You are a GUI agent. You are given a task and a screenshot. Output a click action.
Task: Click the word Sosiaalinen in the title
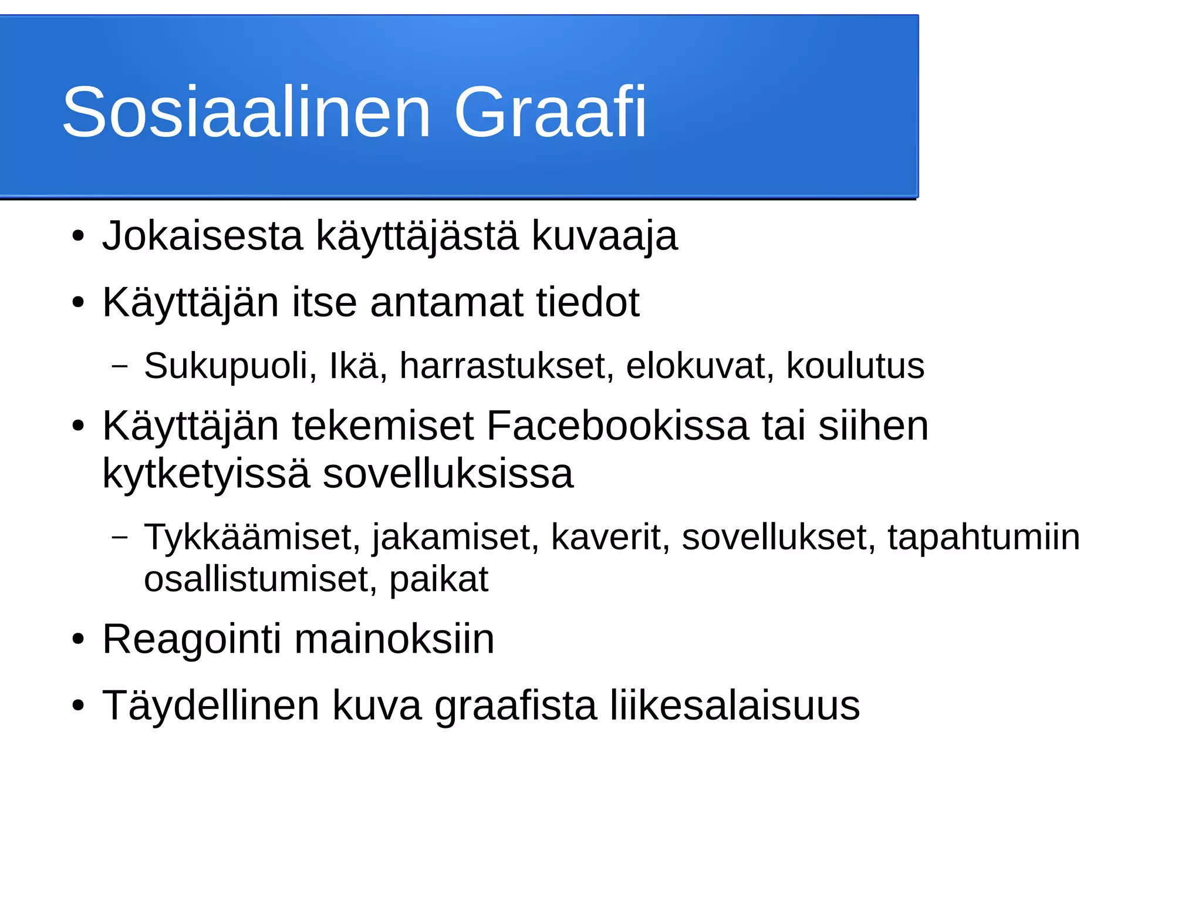[247, 112]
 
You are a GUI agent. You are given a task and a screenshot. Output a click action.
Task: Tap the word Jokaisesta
[202, 236]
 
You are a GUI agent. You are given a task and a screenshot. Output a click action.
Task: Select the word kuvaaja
[605, 236]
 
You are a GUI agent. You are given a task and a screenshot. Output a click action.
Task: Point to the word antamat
[447, 303]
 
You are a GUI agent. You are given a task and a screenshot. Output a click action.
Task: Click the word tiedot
[588, 303]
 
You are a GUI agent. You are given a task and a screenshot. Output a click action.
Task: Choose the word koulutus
[855, 366]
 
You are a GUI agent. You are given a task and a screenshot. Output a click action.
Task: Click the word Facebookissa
[617, 426]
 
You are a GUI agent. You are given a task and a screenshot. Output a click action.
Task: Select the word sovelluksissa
[448, 473]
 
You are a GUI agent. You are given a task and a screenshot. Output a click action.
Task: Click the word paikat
[438, 579]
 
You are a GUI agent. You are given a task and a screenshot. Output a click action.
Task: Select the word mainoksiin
[394, 639]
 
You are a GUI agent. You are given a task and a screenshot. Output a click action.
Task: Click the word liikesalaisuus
[734, 705]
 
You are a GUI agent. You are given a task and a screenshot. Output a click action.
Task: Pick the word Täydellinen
[211, 705]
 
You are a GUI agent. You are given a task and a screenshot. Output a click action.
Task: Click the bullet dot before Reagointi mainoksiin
[78, 640]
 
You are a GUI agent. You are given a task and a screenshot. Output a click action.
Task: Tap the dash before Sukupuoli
[120, 366]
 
